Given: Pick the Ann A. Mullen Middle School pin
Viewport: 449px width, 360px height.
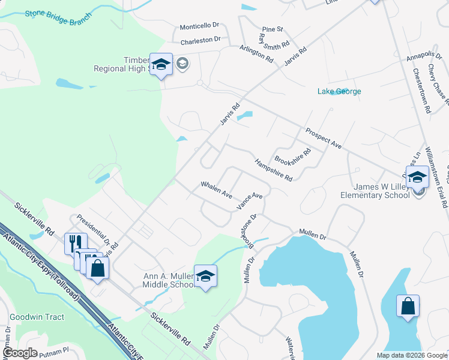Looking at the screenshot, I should [205, 277].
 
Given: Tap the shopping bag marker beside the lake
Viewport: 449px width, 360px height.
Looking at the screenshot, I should [408, 307].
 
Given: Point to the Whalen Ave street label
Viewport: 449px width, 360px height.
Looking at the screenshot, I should [216, 190].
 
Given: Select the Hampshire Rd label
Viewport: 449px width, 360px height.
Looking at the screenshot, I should [273, 170].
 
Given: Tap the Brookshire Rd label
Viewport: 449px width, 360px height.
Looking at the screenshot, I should [293, 155].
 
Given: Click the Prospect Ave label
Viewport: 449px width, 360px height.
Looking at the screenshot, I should [323, 138].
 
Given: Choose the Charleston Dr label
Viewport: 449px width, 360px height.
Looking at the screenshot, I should [200, 40].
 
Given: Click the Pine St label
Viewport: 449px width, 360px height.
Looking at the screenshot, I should [272, 29].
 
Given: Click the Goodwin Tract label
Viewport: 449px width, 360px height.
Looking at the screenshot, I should [37, 317].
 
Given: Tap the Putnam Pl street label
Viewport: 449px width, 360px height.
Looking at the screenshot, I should [55, 354].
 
